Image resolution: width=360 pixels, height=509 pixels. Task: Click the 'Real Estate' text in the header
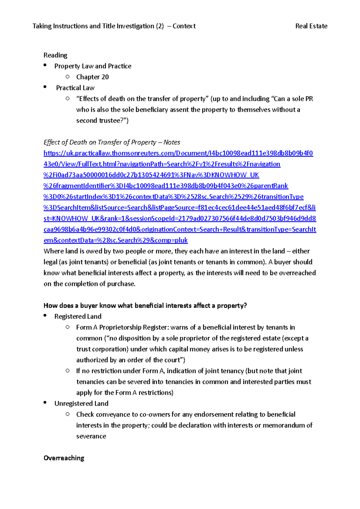(x=311, y=26)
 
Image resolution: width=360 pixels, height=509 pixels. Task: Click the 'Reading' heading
(x=55, y=55)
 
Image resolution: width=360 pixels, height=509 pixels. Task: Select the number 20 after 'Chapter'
(x=105, y=77)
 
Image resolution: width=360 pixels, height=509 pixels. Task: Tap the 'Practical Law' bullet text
(x=75, y=88)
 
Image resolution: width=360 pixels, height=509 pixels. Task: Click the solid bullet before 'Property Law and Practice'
(x=45, y=65)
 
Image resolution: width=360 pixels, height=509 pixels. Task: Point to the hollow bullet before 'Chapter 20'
(x=67, y=77)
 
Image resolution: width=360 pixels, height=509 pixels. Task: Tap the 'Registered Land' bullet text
(x=78, y=317)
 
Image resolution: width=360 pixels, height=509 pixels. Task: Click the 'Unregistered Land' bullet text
(x=81, y=404)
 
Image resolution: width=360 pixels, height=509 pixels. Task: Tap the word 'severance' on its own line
(x=91, y=436)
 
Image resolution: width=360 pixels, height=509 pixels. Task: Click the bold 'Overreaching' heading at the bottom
(x=64, y=458)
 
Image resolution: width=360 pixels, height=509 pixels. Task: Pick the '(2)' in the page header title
(x=160, y=26)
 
